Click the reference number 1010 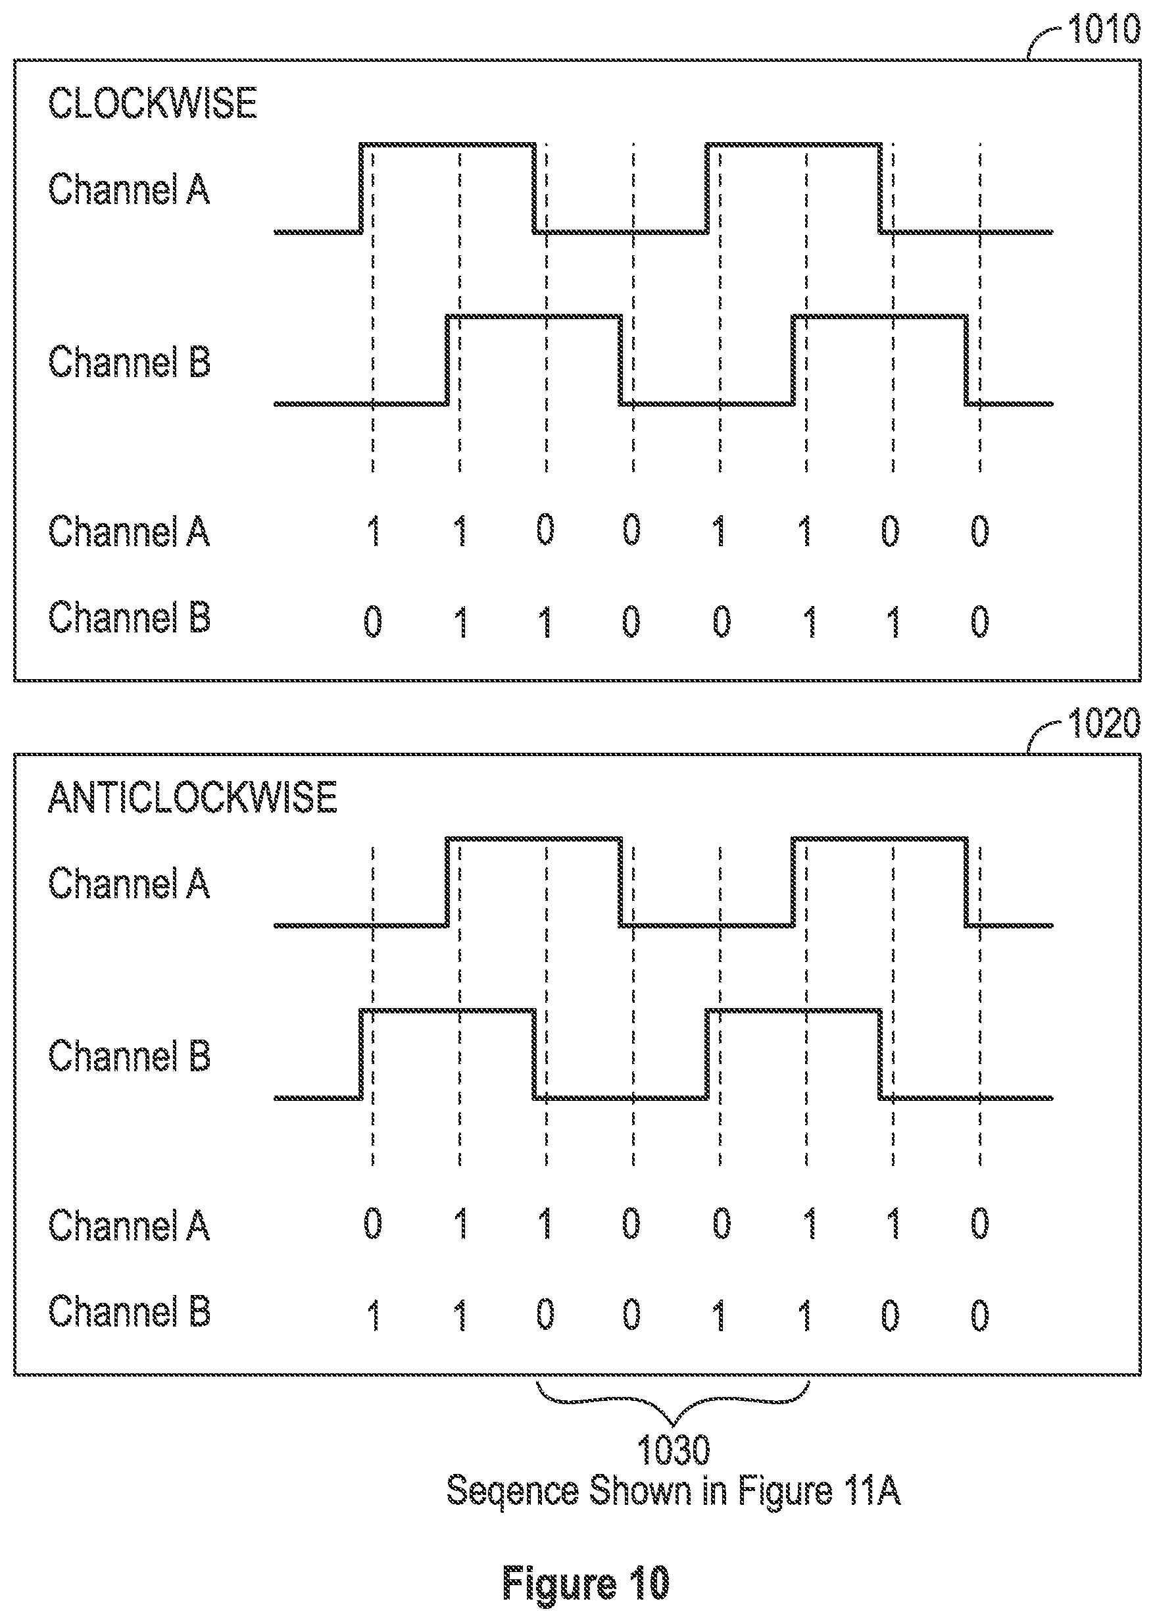[1104, 29]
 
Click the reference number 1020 [1104, 724]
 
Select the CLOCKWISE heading [152, 103]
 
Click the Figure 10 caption [586, 1584]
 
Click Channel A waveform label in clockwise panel [129, 190]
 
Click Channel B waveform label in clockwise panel [129, 361]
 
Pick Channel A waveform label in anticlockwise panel [129, 883]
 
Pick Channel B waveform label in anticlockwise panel [129, 1055]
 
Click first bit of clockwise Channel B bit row [373, 621]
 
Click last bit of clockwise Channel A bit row [980, 531]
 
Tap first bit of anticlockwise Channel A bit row [373, 1224]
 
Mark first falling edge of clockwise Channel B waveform [621, 360]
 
